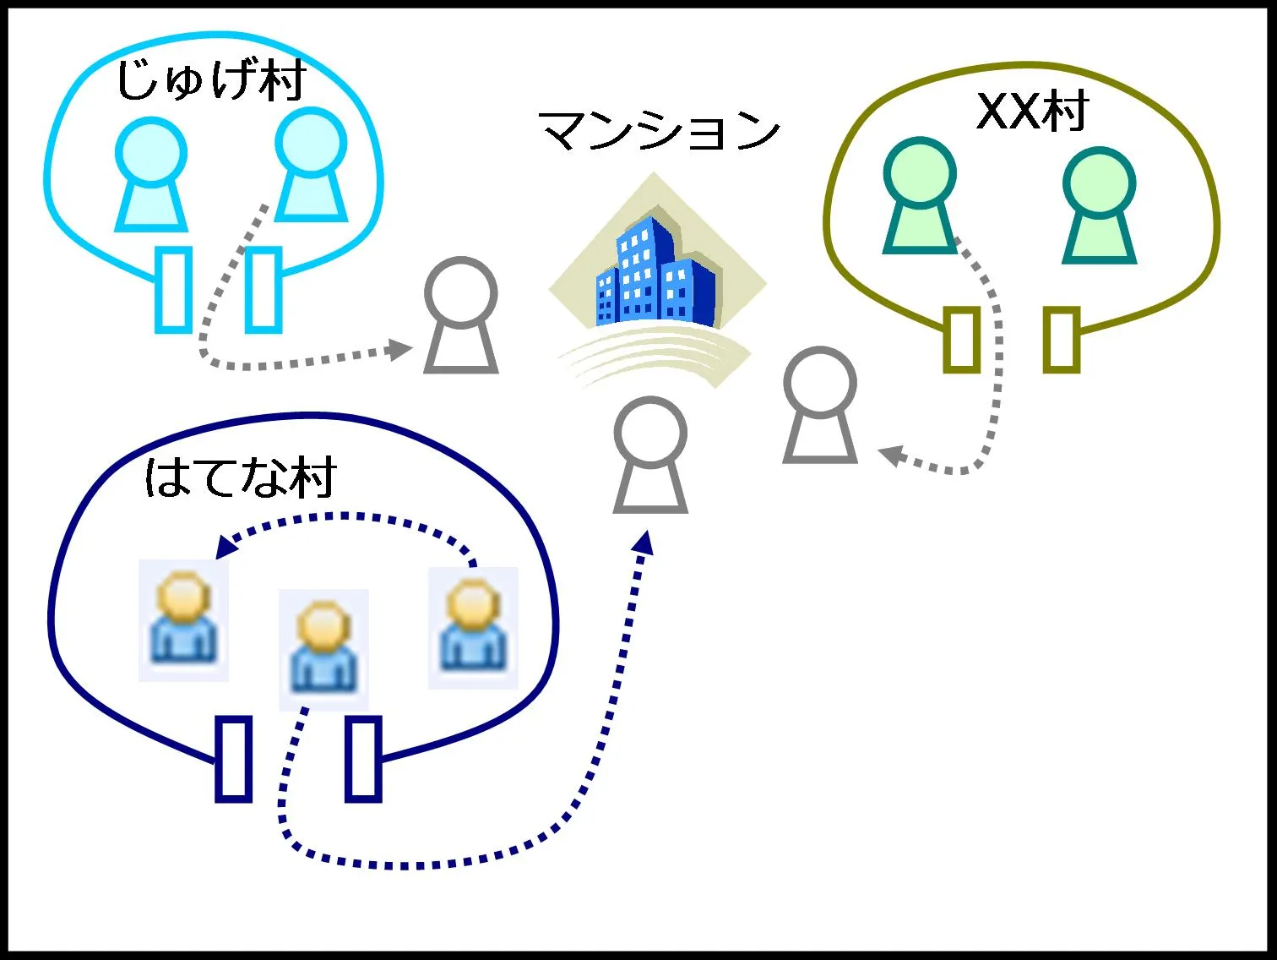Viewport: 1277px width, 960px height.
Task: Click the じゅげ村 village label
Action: [x=210, y=81]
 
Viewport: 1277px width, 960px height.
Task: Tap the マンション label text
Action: [x=660, y=131]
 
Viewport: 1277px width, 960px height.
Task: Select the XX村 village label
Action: [x=1032, y=111]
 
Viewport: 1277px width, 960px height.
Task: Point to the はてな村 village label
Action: [x=241, y=477]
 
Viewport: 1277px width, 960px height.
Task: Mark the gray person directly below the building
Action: [x=650, y=456]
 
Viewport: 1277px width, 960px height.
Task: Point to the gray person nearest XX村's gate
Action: [x=820, y=406]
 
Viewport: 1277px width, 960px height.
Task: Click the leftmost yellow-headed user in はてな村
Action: [x=183, y=619]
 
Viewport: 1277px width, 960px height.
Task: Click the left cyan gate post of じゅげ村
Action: [x=174, y=289]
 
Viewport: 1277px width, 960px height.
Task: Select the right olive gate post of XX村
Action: [x=1062, y=340]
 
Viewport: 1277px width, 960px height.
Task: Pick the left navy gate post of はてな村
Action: [x=234, y=758]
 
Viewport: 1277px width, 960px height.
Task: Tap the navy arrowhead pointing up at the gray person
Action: [x=644, y=542]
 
